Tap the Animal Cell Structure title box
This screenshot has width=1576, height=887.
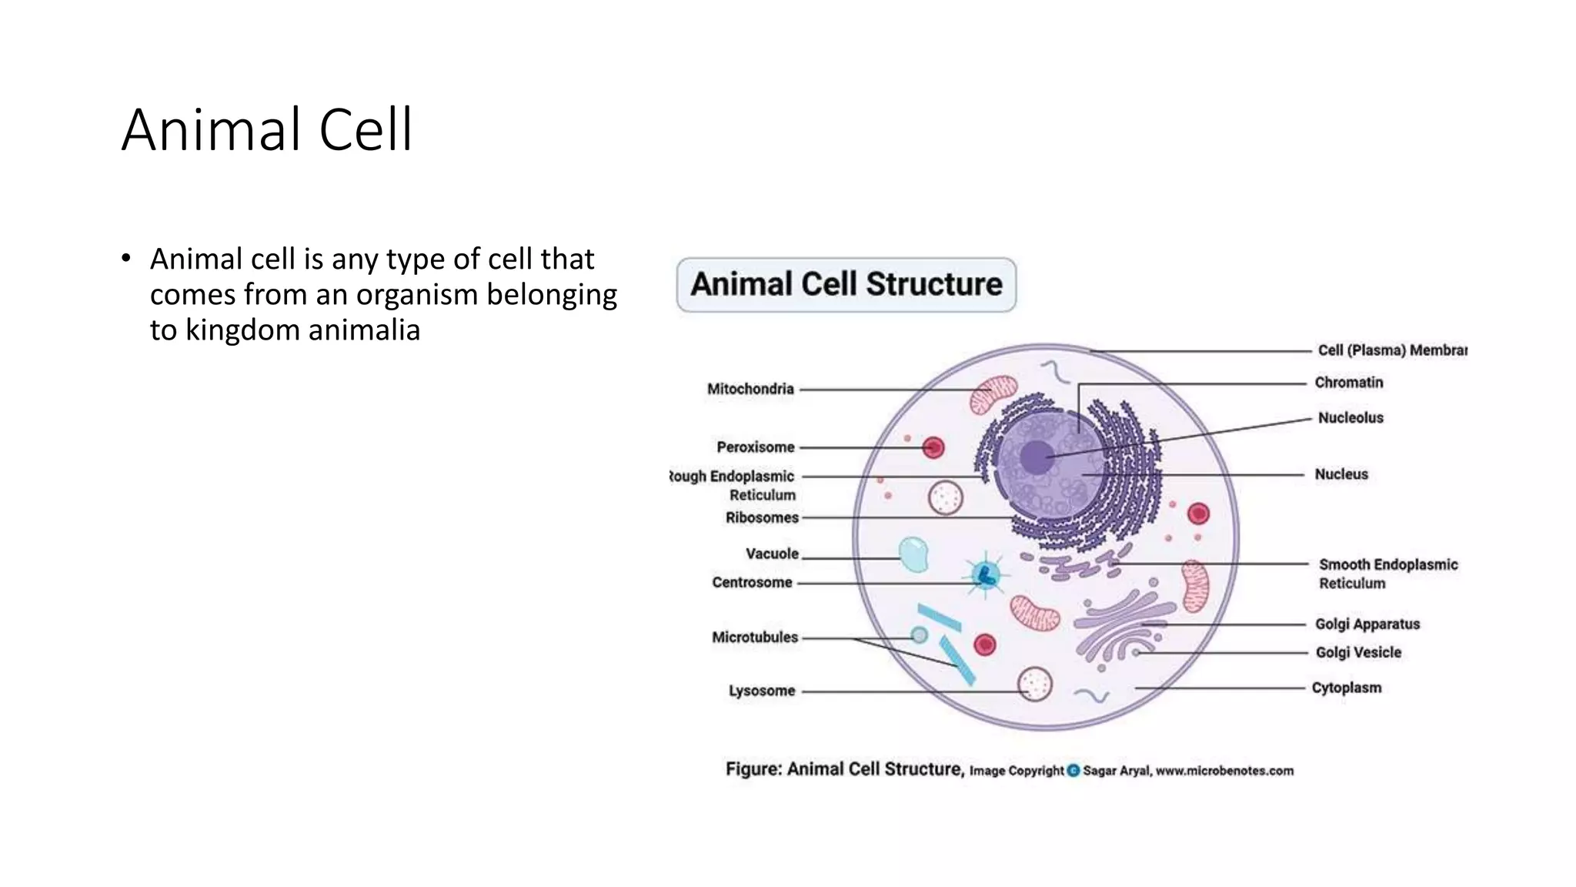[846, 285]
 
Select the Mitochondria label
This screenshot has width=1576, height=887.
[750, 389]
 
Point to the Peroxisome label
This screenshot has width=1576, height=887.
[755, 447]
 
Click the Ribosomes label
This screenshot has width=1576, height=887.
[762, 517]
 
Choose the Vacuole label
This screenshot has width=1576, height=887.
[772, 554]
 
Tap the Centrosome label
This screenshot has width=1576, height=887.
[752, 582]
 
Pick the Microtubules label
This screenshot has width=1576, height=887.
[755, 637]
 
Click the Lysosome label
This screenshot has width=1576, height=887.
[762, 691]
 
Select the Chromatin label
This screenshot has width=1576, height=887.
[1348, 383]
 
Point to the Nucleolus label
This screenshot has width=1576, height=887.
[1351, 418]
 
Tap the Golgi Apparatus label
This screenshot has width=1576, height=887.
[1367, 624]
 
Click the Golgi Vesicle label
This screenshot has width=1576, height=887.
[1358, 652]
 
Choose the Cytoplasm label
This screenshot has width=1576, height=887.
[1346, 688]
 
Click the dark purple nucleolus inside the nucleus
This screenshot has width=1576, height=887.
[1037, 458]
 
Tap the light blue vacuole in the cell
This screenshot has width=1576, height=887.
[913, 555]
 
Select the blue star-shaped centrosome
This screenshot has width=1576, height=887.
[985, 574]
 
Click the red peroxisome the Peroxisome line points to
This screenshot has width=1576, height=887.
[933, 447]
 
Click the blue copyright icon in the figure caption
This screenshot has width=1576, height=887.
[1073, 771]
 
